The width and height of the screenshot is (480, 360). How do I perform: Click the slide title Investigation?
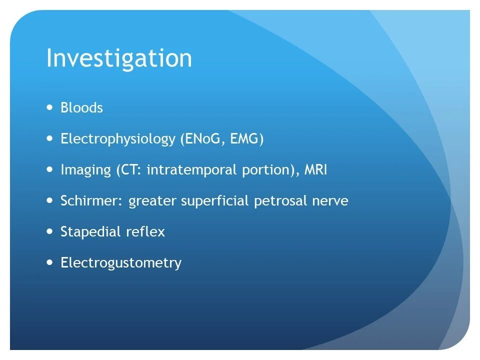(119, 59)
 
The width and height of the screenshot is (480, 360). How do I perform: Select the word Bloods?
(81, 108)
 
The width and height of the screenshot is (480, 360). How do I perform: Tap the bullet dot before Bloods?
(49, 107)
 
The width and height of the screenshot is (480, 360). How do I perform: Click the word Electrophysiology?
(118, 139)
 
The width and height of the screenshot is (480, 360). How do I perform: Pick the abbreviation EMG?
(245, 139)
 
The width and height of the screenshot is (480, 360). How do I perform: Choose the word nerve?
(332, 201)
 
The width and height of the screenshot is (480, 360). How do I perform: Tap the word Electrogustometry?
(121, 263)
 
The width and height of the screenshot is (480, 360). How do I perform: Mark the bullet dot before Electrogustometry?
(49, 262)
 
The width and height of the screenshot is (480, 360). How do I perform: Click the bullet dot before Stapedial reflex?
(49, 231)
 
